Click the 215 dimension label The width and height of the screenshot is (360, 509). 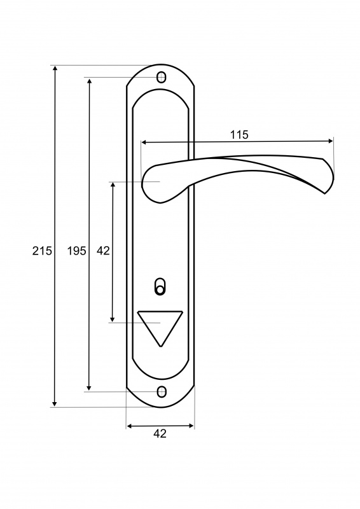42,251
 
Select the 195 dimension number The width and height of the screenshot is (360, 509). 76,251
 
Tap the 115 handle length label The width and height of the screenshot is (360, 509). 239,134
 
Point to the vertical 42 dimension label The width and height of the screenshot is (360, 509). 103,251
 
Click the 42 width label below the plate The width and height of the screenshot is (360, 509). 160,433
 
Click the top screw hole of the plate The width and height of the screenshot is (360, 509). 162,77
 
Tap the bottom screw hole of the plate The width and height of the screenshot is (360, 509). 162,392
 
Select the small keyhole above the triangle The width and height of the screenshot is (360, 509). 160,286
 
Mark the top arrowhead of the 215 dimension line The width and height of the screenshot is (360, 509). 55,68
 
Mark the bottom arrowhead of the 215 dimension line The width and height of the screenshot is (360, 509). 55,404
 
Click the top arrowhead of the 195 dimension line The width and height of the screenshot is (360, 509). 89,80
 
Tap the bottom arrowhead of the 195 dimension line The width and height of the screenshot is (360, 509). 89,388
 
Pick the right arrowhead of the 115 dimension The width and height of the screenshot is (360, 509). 331,141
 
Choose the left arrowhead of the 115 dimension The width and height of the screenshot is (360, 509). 144,142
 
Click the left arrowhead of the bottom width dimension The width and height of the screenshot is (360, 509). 129,426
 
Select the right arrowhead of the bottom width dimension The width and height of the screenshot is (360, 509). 191,426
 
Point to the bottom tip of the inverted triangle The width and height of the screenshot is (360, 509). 160,346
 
